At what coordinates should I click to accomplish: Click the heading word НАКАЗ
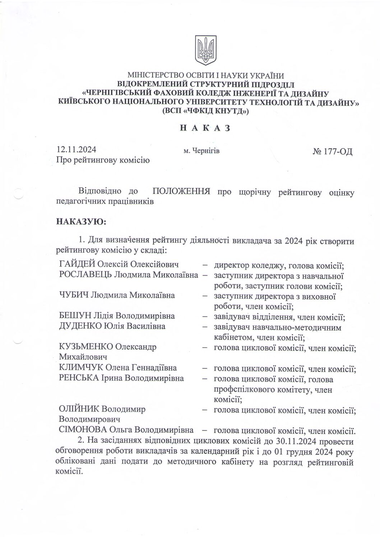tap(205, 128)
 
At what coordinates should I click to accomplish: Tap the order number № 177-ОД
tap(333, 151)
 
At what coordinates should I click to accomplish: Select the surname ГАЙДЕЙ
tap(77, 265)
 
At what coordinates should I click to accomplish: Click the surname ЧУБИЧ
tap(73, 295)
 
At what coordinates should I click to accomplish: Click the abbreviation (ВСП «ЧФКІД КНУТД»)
tap(205, 111)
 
